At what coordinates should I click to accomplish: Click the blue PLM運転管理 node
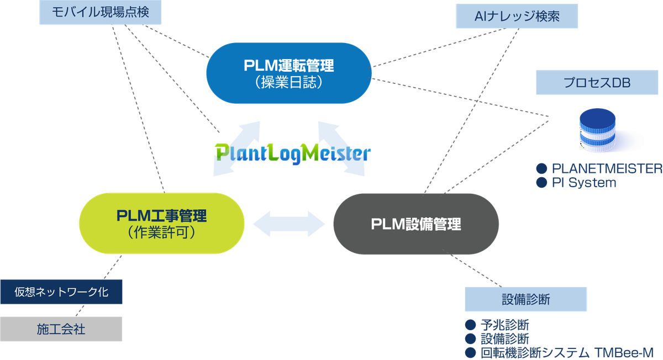pos(289,72)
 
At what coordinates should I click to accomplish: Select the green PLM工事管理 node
pos(162,223)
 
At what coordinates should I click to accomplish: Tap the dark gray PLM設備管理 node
pos(415,224)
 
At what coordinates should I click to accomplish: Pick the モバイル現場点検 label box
pos(100,12)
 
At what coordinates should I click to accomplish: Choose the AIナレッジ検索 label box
pos(517,17)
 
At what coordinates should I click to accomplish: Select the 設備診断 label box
pos(525,299)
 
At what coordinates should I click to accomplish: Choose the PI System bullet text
pos(583,182)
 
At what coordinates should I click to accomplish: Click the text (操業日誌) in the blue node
pos(289,83)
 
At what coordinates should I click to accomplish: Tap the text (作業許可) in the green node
pos(162,233)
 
